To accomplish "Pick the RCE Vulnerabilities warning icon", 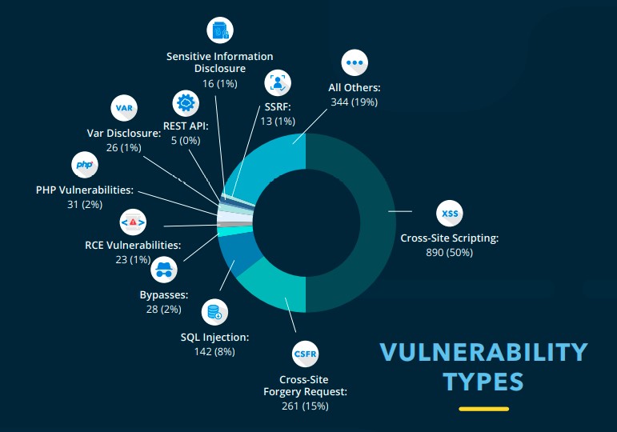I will coord(133,221).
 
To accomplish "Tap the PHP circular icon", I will coord(85,166).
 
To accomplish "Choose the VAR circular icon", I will coord(123,107).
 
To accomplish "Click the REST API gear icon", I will coord(186,103).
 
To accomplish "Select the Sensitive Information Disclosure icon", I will coord(220,30).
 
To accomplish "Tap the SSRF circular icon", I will coord(278,82).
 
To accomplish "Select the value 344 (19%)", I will coord(354,102).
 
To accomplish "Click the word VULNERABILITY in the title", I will coord(483,352).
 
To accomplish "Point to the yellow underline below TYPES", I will coord(483,409).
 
